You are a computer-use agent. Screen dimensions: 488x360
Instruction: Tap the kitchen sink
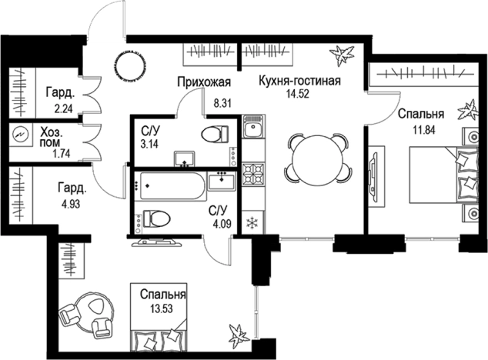[x=253, y=127]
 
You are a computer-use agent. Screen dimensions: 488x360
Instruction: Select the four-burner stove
[x=253, y=175]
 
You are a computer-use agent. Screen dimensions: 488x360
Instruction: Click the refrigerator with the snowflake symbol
[x=253, y=222]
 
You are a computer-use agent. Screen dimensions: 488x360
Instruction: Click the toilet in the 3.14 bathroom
[x=215, y=134]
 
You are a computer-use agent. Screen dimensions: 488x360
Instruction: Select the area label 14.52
[x=298, y=94]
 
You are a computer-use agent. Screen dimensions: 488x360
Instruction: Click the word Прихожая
[x=204, y=82]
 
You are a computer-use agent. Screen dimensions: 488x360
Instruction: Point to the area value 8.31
[x=223, y=103]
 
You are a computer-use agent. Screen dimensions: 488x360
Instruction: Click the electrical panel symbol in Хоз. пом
[x=21, y=134]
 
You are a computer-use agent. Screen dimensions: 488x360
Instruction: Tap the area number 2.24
[x=63, y=109]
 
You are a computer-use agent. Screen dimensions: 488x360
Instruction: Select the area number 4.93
[x=70, y=204]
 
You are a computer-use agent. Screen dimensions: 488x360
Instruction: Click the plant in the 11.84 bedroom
[x=468, y=110]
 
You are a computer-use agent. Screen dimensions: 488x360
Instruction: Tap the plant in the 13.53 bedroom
[x=239, y=335]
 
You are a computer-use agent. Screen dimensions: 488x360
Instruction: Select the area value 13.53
[x=161, y=309]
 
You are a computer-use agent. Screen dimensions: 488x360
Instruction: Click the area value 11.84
[x=421, y=128]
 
